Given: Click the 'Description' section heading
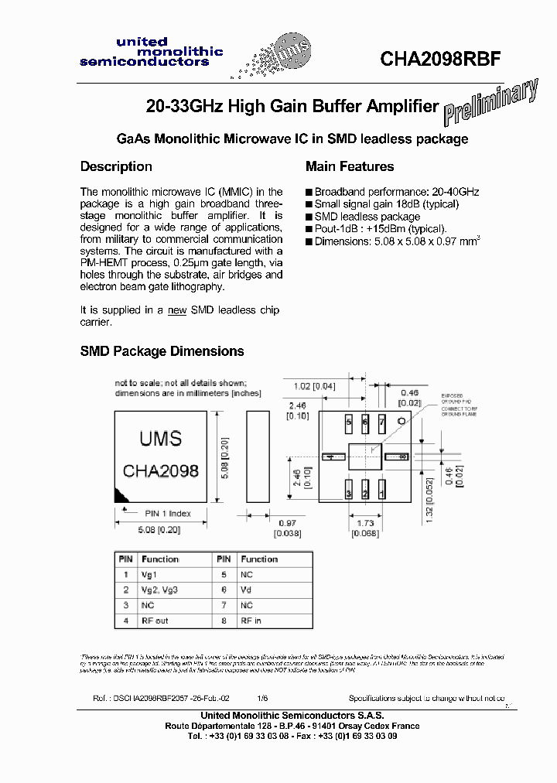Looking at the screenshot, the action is click(x=116, y=166).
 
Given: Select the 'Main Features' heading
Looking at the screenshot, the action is click(x=350, y=166).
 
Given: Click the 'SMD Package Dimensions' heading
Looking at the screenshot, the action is click(x=162, y=351).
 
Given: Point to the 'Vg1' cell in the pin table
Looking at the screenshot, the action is click(x=149, y=575).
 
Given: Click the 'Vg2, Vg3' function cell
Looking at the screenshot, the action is click(x=159, y=590).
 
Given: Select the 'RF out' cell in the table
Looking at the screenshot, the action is click(x=155, y=621).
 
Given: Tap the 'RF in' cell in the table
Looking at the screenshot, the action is click(x=251, y=621).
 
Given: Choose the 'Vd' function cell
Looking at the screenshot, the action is click(x=245, y=590).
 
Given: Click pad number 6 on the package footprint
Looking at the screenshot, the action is click(x=365, y=422).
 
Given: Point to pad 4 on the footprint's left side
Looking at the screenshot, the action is click(x=333, y=458).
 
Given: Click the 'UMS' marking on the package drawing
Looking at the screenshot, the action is click(x=160, y=439).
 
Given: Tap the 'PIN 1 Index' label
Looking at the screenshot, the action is click(x=168, y=513).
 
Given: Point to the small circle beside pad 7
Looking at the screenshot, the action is click(x=402, y=421).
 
